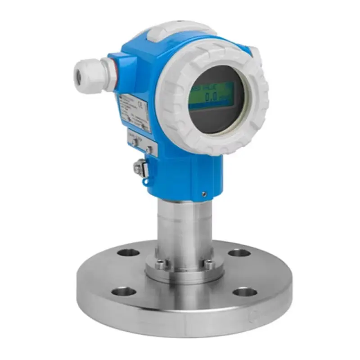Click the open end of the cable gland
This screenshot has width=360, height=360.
coord(80,72)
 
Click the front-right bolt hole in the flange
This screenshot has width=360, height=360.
coord(245,293)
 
